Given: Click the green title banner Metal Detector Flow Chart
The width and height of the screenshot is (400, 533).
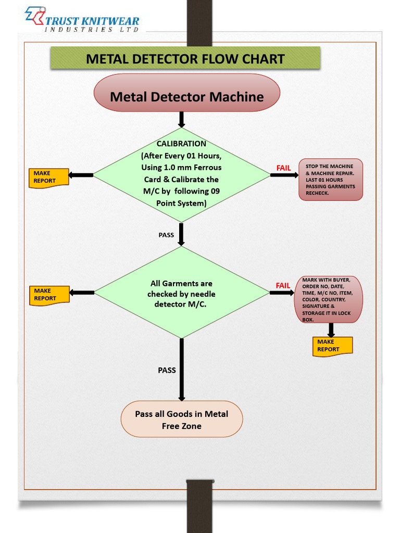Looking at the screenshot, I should coord(185,58).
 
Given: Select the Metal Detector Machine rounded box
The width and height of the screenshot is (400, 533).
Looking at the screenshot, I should coord(186,96).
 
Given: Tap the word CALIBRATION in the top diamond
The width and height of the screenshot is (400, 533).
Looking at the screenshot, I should coord(181,144).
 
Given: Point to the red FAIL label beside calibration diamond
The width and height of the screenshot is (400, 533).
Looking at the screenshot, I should coord(283,168).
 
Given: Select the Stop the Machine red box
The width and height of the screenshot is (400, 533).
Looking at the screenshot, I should coord(330,180).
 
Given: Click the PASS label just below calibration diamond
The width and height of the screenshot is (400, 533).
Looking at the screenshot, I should coord(166,235).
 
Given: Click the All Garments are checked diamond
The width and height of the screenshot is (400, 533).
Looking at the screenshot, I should coord(181,293).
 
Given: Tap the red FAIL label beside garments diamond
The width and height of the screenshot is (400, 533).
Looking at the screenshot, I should coord(283,286).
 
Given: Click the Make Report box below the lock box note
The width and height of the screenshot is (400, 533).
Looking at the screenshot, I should coord(331,346).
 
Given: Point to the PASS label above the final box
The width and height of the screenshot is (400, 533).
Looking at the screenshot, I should coord(167,371).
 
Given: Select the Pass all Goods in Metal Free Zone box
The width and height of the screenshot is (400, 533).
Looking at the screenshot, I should coord(181,420).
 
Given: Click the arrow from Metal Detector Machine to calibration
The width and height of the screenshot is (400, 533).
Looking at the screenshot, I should coord(181,119).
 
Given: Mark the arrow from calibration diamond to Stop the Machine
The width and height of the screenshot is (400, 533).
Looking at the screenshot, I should coord(284,175).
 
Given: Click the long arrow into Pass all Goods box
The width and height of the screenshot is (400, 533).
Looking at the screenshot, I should coord(182,370).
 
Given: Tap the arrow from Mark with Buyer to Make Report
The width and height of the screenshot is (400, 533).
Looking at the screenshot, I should coord(331,329).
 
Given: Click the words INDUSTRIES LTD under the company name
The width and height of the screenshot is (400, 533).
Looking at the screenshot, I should coord(92,30).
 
